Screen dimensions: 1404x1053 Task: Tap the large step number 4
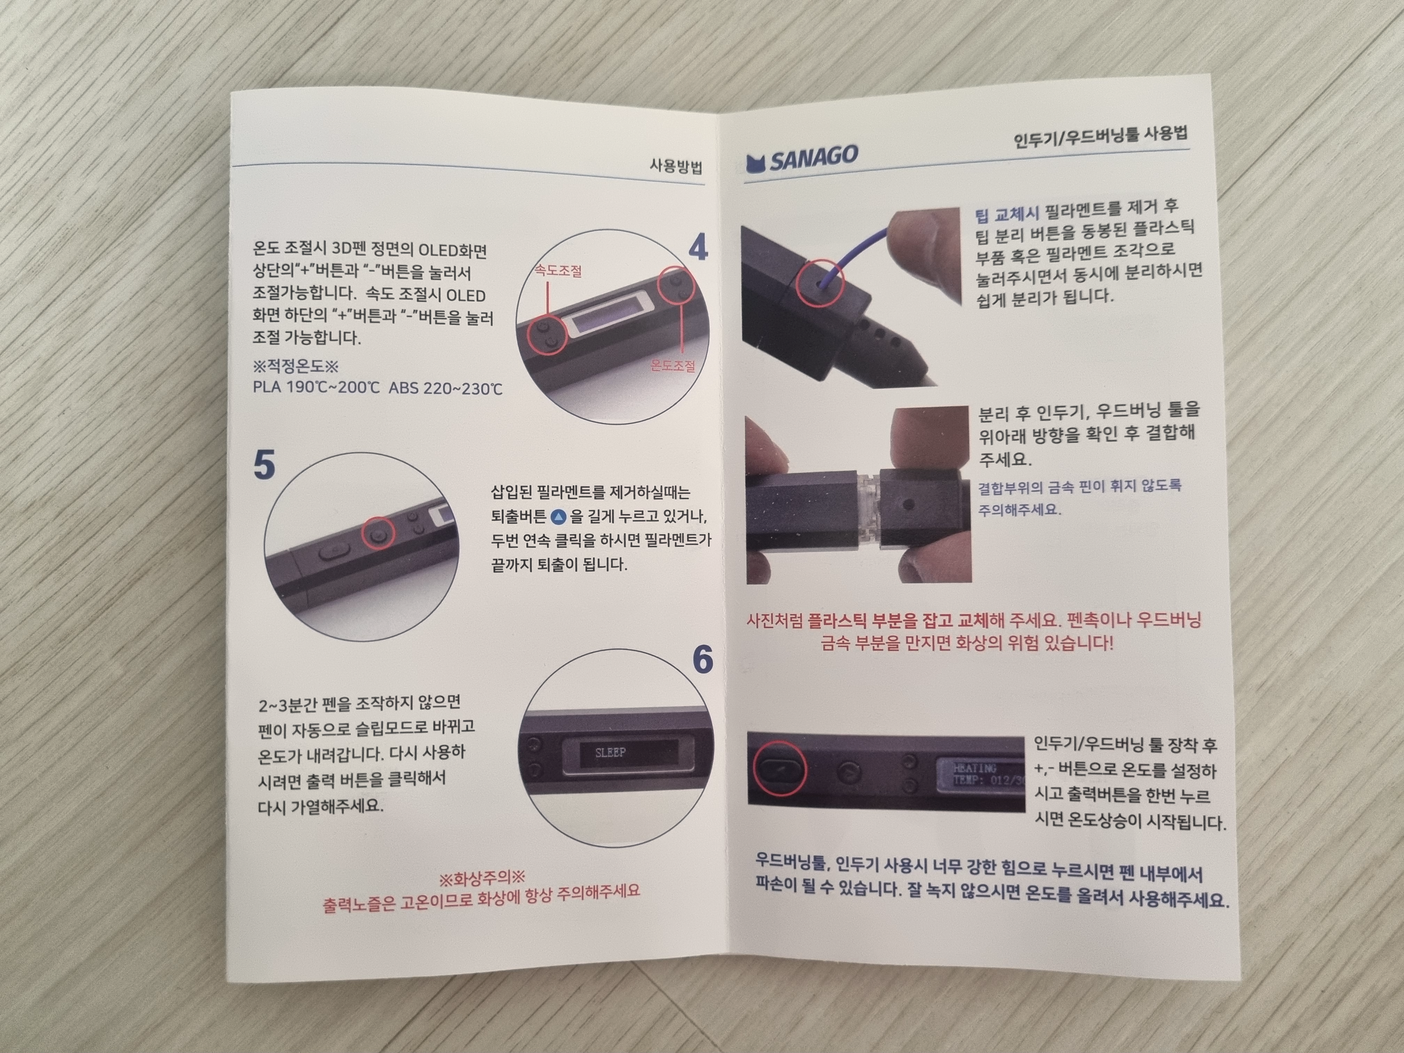[698, 248]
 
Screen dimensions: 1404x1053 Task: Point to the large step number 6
[702, 660]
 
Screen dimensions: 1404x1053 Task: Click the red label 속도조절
[558, 271]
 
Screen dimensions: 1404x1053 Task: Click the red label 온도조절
[673, 366]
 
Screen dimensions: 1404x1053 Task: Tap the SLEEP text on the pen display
[611, 753]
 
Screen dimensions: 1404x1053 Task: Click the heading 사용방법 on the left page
[675, 167]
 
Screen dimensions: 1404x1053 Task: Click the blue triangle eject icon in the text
[558, 517]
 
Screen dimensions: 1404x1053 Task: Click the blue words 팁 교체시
[1006, 214]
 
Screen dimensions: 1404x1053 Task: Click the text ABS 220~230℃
[446, 388]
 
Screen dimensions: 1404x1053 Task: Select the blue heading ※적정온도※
[296, 366]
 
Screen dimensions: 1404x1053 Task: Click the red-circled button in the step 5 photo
[378, 535]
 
